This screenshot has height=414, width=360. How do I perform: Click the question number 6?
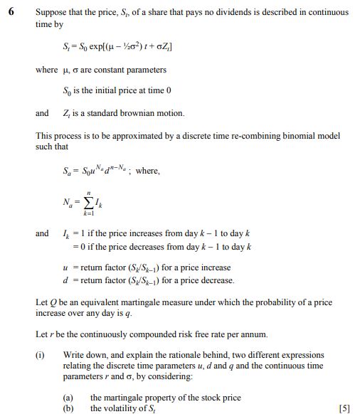coord(9,12)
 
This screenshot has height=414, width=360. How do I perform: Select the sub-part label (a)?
coord(69,397)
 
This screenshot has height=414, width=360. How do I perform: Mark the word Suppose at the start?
coord(51,12)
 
